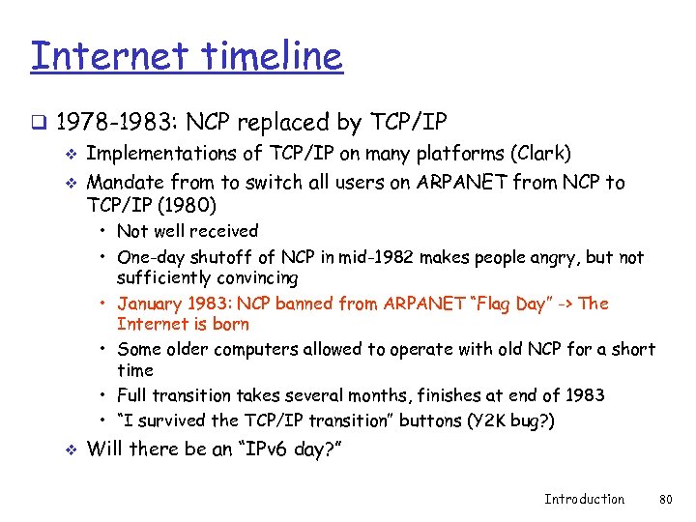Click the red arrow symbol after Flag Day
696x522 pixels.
click(x=565, y=304)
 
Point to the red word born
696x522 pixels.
click(x=230, y=325)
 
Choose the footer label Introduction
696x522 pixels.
click(x=584, y=499)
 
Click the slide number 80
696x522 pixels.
click(x=664, y=499)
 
